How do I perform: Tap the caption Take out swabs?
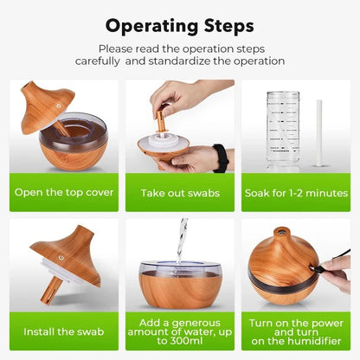[179, 191]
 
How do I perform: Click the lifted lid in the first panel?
[42, 106]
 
